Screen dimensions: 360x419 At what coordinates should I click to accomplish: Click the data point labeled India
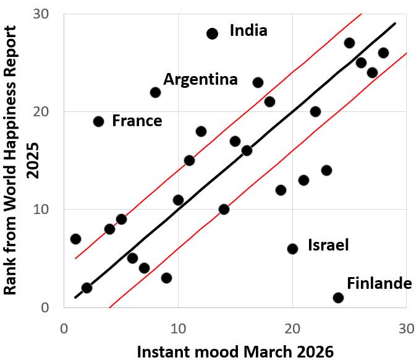click(212, 33)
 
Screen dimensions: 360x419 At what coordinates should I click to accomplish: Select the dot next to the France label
click(98, 121)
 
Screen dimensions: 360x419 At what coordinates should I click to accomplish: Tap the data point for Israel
click(292, 249)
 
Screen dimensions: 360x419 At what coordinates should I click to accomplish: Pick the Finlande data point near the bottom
click(338, 298)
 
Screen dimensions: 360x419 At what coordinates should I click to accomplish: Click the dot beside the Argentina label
click(155, 92)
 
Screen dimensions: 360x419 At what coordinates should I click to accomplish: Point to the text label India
click(248, 30)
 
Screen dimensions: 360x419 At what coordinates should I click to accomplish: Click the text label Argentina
click(200, 80)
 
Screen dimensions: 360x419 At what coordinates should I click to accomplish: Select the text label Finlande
click(379, 283)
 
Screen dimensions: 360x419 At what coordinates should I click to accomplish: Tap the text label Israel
click(328, 245)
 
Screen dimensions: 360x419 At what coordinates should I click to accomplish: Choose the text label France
click(137, 121)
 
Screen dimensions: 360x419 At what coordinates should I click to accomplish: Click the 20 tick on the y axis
click(53, 111)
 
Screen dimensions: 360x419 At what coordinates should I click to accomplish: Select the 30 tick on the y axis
click(53, 14)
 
